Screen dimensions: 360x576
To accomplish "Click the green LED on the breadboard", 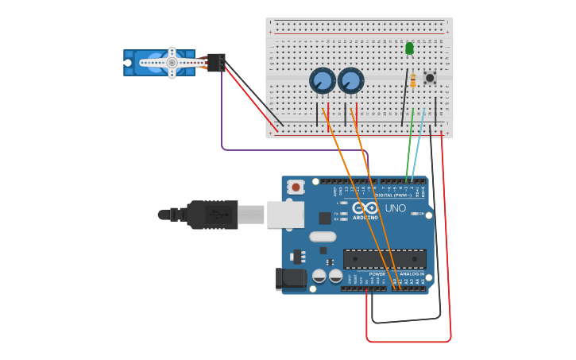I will point(409,48).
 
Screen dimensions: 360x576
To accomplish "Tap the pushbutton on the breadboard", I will point(430,78).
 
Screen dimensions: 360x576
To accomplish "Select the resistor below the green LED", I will point(413,79).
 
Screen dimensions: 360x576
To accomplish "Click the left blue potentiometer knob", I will point(323,80).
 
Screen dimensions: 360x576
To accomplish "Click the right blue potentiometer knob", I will point(350,80).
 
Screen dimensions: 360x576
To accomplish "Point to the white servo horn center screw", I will point(172,62).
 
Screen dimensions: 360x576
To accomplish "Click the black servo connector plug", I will point(215,61).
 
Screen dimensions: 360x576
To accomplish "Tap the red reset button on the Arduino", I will point(296,188).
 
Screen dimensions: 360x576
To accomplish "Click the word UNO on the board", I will point(396,209).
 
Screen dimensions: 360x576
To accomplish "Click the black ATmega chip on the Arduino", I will point(385,258).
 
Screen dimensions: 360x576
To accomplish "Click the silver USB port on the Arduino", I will point(284,215).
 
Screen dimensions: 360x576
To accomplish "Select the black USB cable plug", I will point(213,215).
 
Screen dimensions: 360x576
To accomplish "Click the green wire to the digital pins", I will point(409,147).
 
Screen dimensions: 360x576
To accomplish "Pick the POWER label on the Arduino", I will point(377,274).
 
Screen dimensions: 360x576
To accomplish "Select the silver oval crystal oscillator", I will point(323,236).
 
